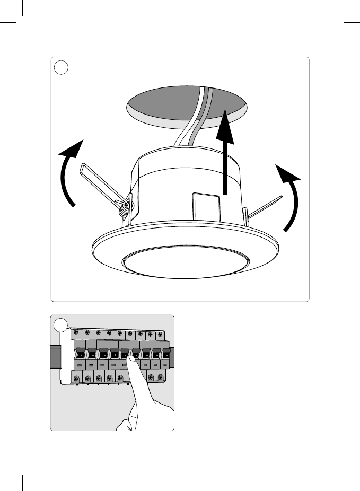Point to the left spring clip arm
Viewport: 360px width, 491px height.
click(101, 183)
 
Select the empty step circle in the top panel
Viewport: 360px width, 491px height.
click(62, 67)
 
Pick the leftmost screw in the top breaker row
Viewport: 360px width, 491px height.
click(77, 334)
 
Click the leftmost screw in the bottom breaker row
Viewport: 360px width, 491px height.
click(78, 379)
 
